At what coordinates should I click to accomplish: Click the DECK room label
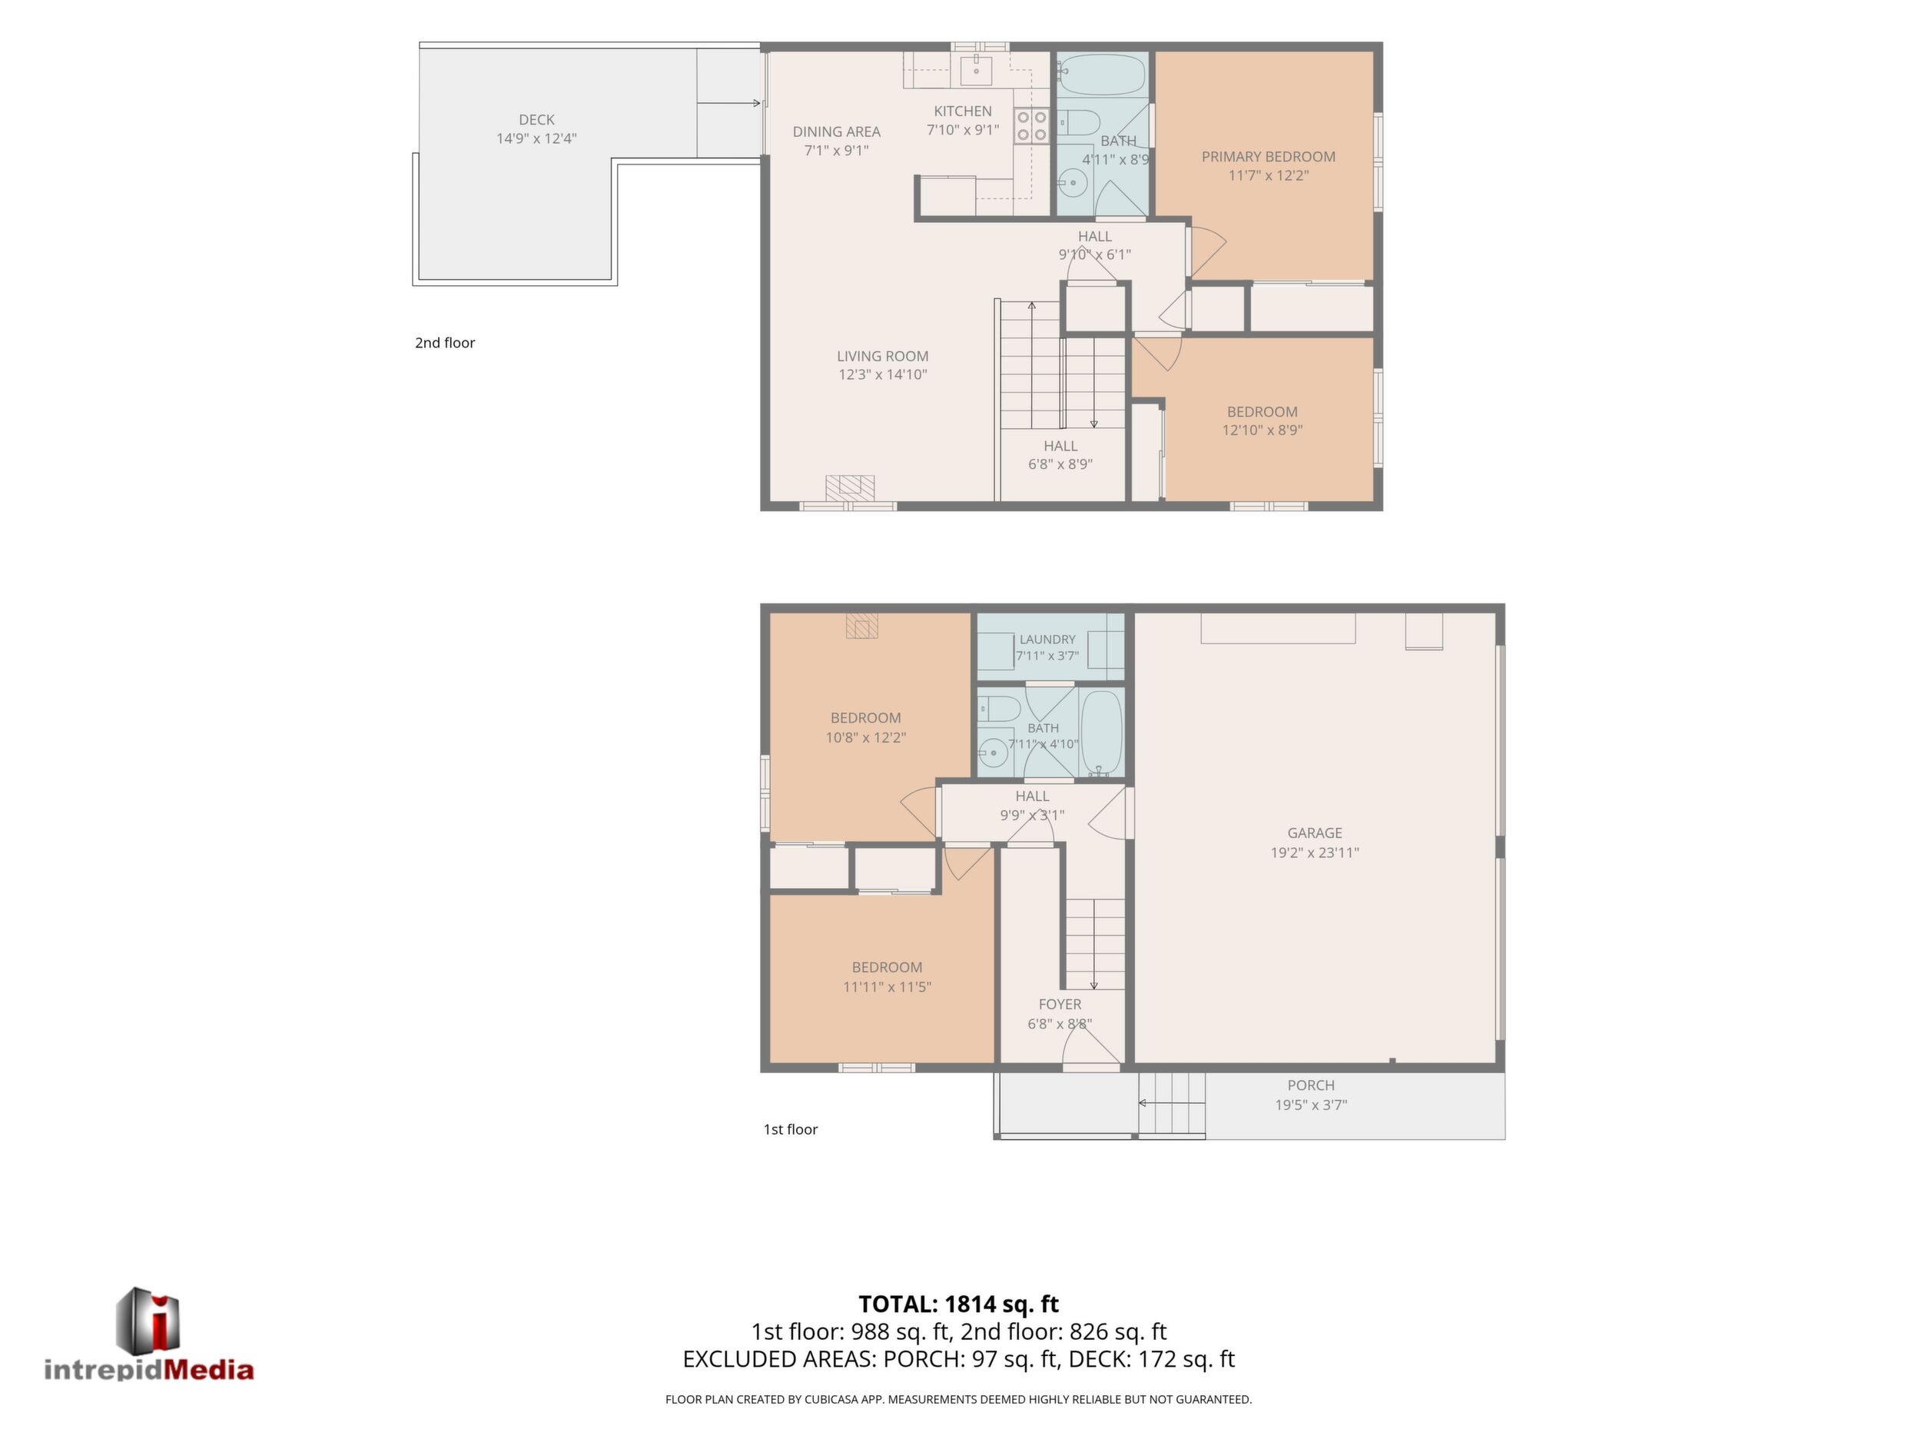pos(536,120)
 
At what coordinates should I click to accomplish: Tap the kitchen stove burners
pos(1032,126)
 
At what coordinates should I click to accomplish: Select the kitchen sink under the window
pos(977,69)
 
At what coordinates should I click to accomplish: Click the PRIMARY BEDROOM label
pos(1268,157)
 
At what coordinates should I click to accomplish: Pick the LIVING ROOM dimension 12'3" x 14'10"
pos(883,374)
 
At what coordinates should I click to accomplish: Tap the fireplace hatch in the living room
pos(849,487)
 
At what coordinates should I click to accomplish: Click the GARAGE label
pos(1315,832)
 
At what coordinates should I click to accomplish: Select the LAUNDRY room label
pos(1047,640)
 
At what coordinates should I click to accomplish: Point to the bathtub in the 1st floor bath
pos(1101,732)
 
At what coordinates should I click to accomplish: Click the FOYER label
pos(1060,1005)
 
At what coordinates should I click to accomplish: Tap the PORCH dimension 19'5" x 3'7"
pos(1311,1105)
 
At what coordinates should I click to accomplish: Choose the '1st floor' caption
pos(790,1129)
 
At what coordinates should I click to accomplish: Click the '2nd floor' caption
pos(445,343)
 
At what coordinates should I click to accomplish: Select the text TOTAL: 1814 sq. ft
pos(958,1304)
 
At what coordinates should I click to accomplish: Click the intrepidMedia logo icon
pos(148,1319)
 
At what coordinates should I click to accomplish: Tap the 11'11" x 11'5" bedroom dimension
pos(887,986)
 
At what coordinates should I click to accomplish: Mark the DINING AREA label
pos(837,132)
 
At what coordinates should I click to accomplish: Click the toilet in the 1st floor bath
pos(999,709)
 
